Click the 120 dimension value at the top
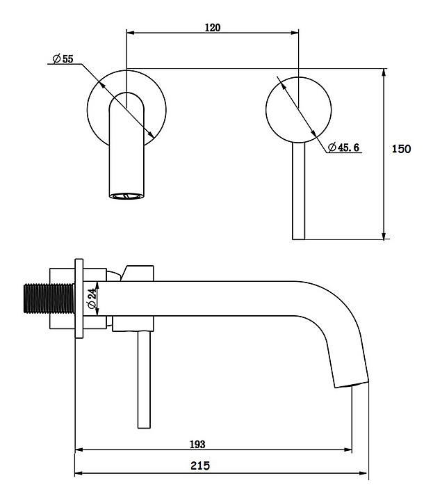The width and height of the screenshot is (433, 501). click(212, 27)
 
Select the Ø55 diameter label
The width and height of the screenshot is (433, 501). click(63, 58)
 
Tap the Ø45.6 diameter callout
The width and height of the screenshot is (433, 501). click(343, 148)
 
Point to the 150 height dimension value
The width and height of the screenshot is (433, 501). click(401, 149)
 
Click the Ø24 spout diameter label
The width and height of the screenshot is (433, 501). click(92, 299)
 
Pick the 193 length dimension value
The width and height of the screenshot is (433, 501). click(197, 445)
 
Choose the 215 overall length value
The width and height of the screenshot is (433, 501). click(200, 466)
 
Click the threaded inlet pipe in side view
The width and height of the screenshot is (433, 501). click(49, 299)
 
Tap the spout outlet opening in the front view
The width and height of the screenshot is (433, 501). click(126, 196)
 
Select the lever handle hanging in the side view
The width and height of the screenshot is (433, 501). click(144, 380)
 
